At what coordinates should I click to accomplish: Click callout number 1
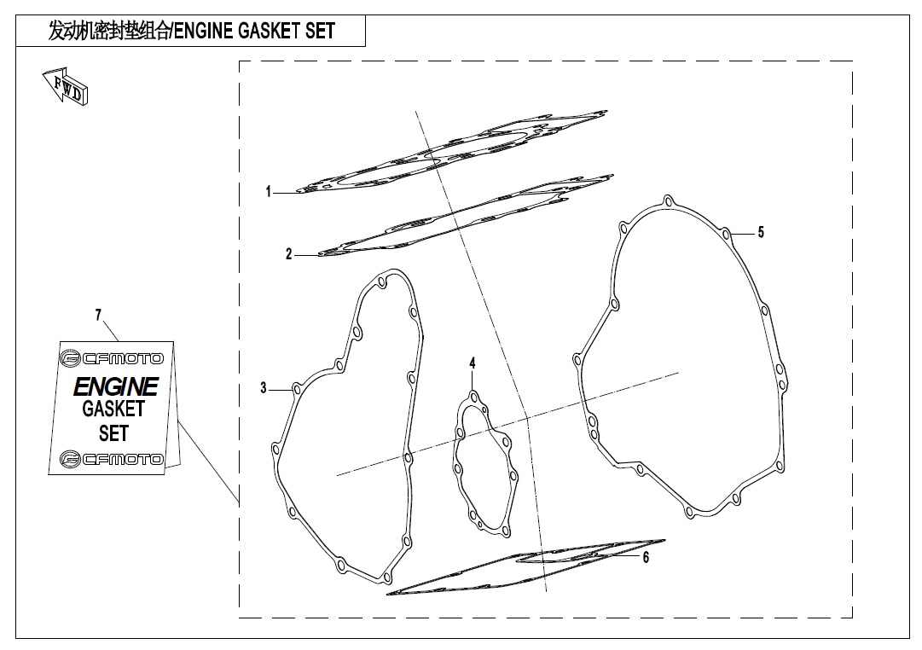269,192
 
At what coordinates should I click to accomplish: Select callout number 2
289,254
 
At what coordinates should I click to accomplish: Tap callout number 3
264,387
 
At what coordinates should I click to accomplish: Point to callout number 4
473,363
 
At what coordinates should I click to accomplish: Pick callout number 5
761,232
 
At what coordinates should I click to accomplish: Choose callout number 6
646,557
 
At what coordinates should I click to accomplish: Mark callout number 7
99,316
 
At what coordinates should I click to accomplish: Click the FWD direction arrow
66,87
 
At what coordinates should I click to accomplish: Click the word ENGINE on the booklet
116,386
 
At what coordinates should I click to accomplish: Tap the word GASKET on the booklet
113,409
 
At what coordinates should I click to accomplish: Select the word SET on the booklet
113,433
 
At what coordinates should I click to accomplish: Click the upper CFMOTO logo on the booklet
112,358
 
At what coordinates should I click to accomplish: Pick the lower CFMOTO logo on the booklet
112,459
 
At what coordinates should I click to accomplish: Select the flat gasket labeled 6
526,566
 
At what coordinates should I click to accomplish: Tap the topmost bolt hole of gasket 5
667,202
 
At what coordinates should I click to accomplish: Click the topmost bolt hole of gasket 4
473,397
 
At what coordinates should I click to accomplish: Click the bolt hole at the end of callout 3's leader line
297,389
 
